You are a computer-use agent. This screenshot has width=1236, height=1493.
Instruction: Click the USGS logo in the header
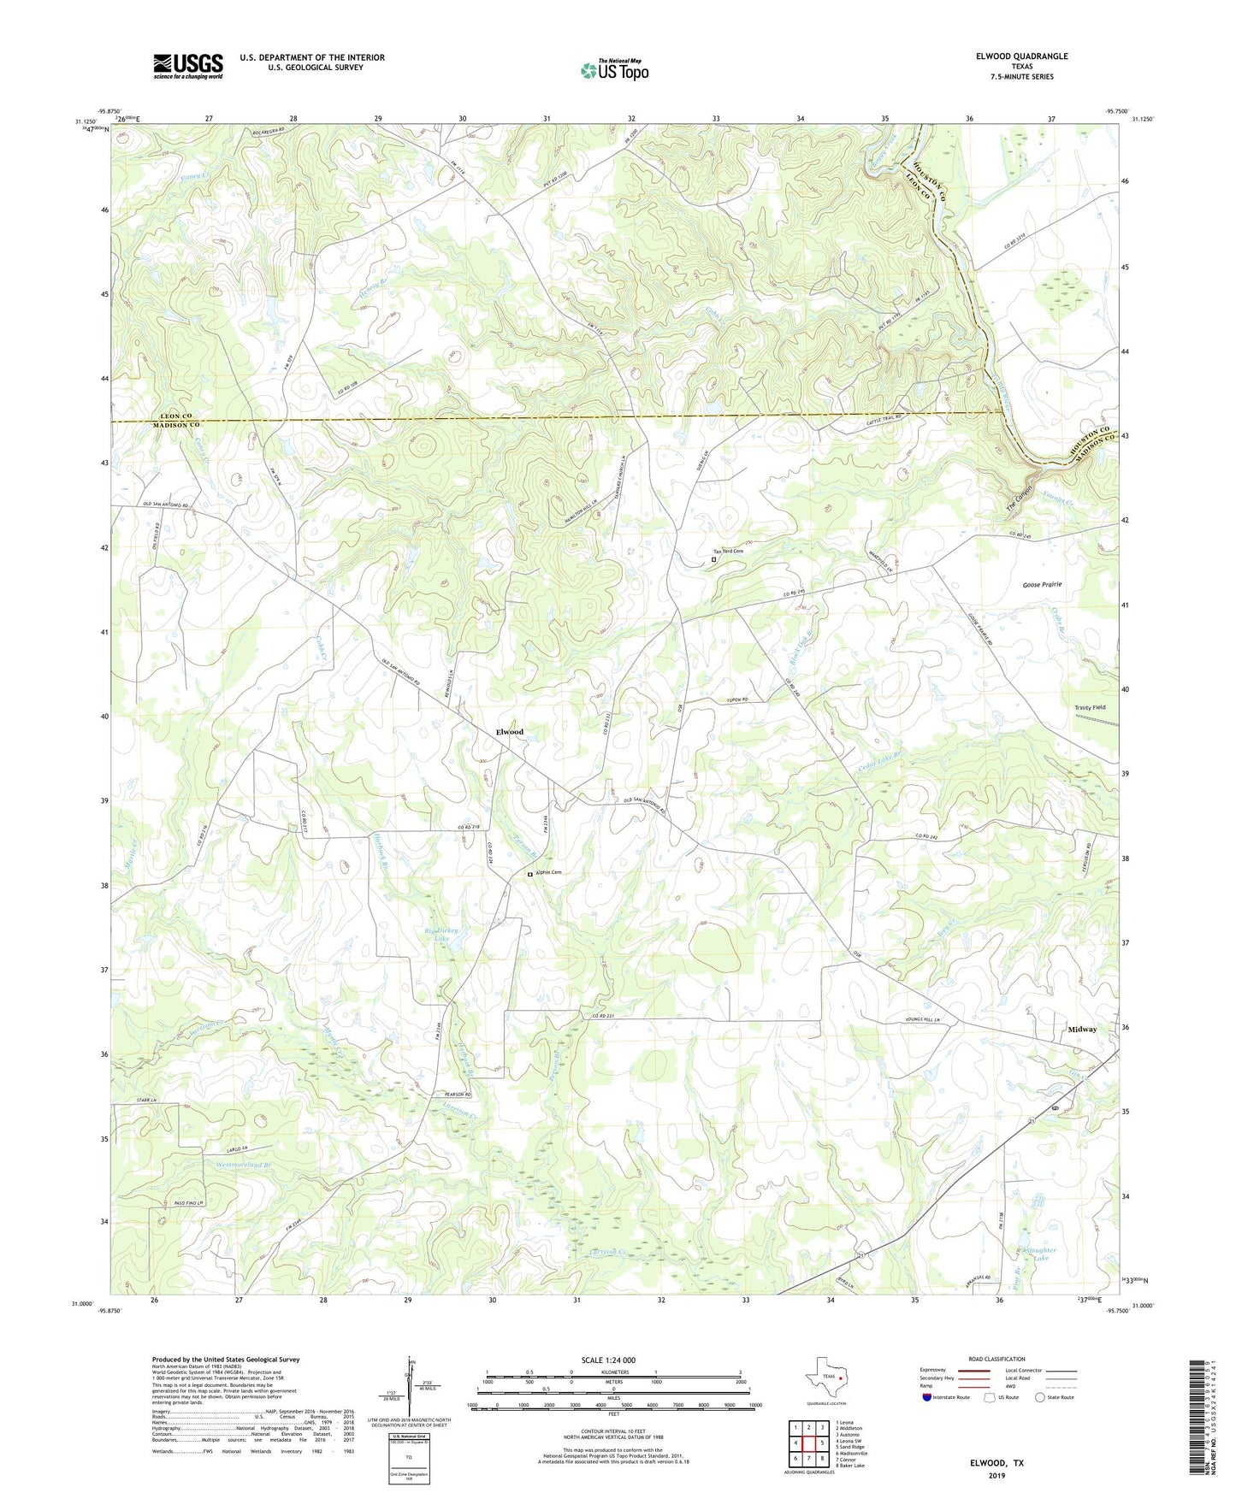click(187, 66)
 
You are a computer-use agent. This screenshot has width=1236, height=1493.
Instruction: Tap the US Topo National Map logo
click(614, 70)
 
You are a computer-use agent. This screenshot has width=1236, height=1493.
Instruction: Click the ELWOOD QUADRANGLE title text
click(1021, 56)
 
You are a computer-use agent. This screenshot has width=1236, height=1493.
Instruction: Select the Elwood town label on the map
click(510, 732)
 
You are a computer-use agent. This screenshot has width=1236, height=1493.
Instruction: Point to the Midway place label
click(1081, 1030)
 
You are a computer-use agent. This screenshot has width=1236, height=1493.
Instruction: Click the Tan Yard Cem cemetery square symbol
click(713, 560)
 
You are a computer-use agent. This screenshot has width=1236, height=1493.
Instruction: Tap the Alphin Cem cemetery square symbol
click(529, 874)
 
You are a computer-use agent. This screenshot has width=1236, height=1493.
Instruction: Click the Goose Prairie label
click(1042, 585)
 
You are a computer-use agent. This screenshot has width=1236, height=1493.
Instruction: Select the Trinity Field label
click(1090, 708)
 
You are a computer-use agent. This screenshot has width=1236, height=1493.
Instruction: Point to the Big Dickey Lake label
click(442, 934)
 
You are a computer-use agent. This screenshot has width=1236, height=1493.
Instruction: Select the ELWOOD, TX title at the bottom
click(996, 1463)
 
